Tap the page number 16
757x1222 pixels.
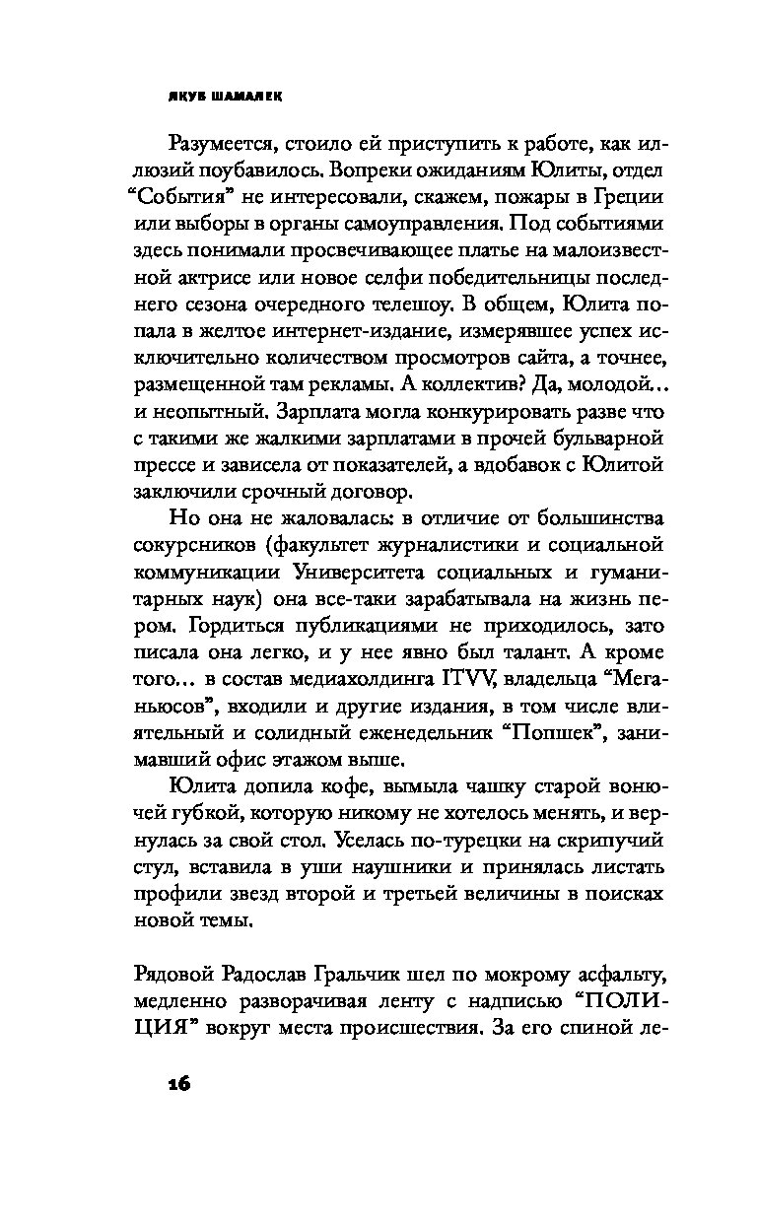click(177, 1081)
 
